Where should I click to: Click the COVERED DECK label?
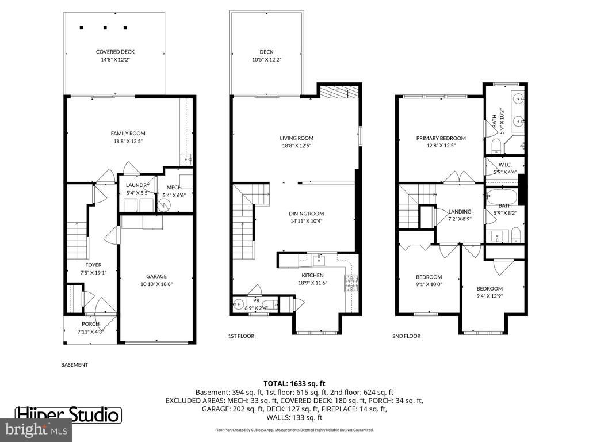tap(115, 52)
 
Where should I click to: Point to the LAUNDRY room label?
tap(137, 185)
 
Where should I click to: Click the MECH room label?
tap(174, 188)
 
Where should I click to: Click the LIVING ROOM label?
tap(296, 138)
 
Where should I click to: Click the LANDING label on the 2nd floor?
tap(460, 212)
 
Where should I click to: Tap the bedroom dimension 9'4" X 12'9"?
tap(489, 296)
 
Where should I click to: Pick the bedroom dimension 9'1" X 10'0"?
tap(429, 284)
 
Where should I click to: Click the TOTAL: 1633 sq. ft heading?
tap(294, 383)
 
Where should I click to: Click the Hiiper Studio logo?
tap(68, 414)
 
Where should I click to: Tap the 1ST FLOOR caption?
tap(241, 336)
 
